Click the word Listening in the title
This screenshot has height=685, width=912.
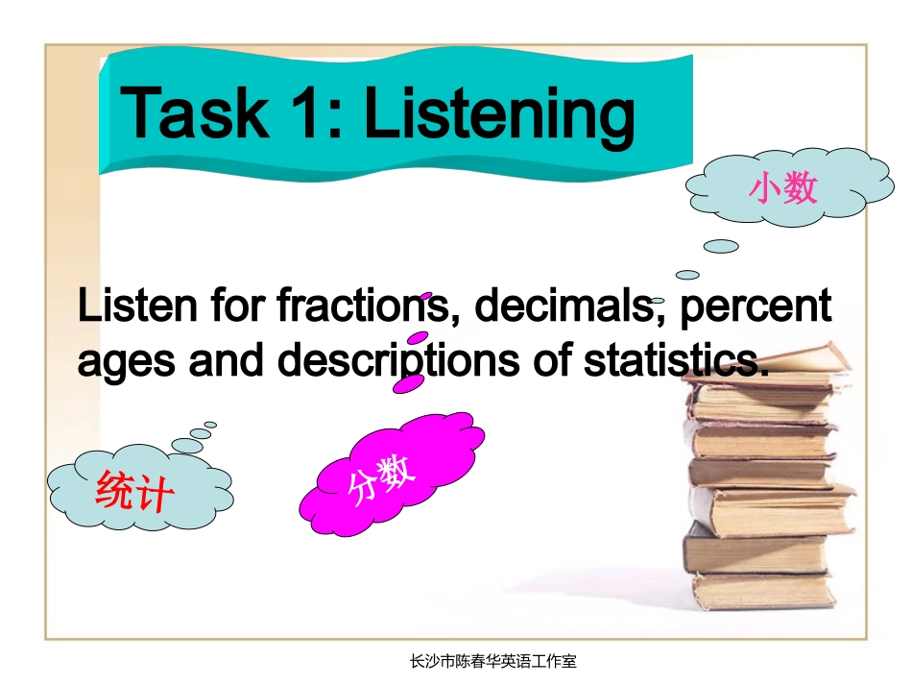point(498,113)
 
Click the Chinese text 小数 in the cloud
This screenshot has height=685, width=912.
point(783,187)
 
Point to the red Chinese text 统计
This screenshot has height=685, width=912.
point(134,494)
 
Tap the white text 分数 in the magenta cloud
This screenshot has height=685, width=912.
point(381,477)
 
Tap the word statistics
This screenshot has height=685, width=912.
point(676,361)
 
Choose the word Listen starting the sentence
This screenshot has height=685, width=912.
point(126,306)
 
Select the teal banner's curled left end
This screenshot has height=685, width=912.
point(108,115)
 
